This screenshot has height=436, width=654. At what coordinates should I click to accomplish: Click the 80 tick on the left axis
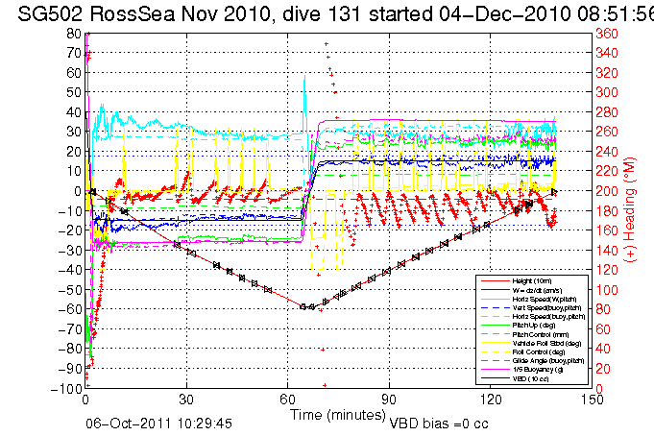[x=72, y=33]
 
